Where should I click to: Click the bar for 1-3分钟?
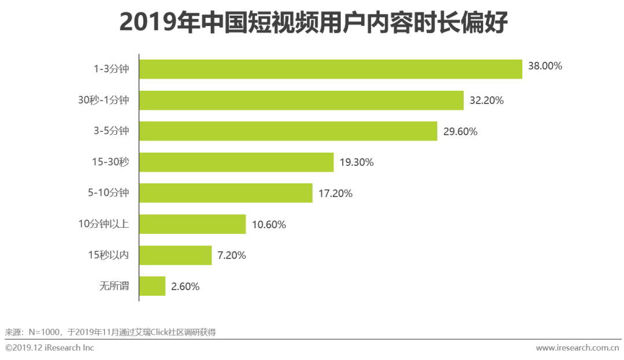(x=330, y=69)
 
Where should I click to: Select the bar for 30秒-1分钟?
(x=301, y=100)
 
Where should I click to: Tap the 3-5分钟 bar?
(x=288, y=131)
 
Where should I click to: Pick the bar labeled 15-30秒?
(x=236, y=162)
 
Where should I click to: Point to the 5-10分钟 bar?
(x=225, y=193)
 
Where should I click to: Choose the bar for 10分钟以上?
(x=192, y=224)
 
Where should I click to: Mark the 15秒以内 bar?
(x=176, y=255)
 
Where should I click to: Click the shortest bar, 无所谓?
(x=153, y=286)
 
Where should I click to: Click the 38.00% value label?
(x=545, y=66)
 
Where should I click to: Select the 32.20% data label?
(x=486, y=101)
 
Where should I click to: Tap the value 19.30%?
(x=356, y=162)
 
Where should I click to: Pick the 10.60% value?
(x=269, y=224)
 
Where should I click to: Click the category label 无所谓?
(x=114, y=285)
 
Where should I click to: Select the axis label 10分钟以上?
(x=103, y=224)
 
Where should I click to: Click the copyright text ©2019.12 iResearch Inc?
(x=50, y=348)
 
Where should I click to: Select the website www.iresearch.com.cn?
(x=577, y=348)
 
